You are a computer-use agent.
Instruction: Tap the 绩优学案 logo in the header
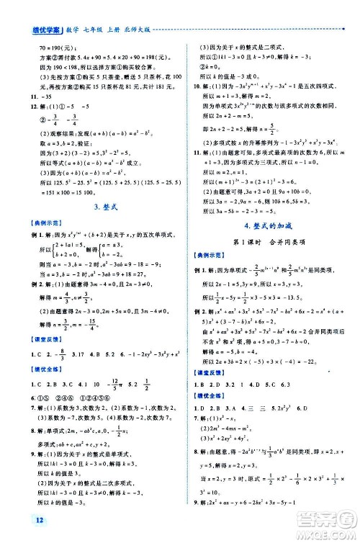click(22, 10)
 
